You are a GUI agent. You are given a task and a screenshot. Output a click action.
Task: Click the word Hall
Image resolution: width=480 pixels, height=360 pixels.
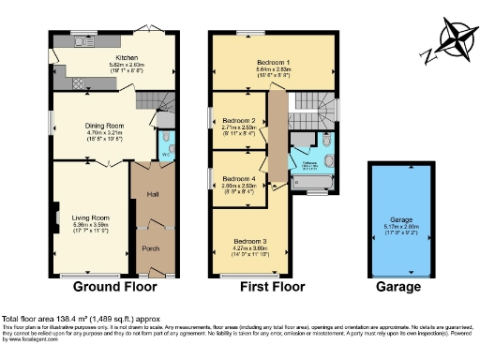coord(153,195)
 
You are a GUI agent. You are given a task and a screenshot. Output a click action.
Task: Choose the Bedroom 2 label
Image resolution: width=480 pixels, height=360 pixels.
coord(239,121)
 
